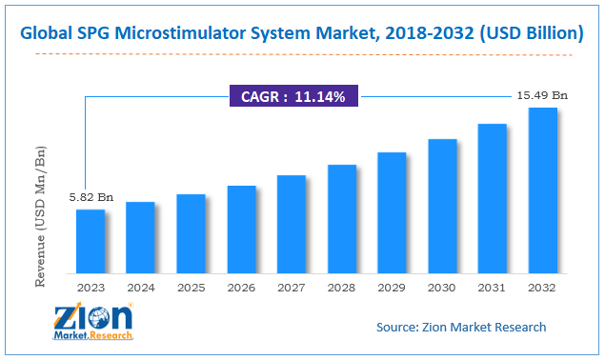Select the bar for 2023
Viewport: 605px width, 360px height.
pyautogui.click(x=91, y=240)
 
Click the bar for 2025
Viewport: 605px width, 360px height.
pyautogui.click(x=191, y=232)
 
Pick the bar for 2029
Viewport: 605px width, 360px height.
pyautogui.click(x=392, y=211)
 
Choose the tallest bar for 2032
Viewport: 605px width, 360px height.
pyautogui.click(x=542, y=190)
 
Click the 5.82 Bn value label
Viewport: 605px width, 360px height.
pyautogui.click(x=91, y=197)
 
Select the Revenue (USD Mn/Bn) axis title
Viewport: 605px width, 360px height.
pyautogui.click(x=41, y=217)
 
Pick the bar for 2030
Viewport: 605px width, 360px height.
pyautogui.click(x=442, y=205)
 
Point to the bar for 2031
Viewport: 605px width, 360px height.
pyautogui.click(x=492, y=197)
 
